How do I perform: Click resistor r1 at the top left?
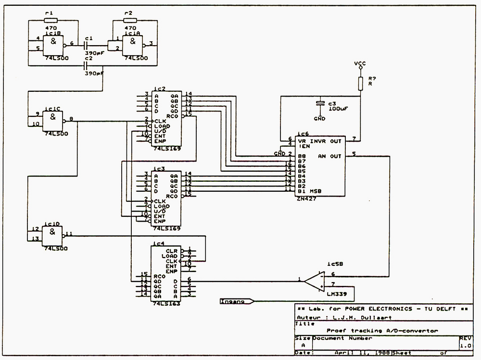(50, 20)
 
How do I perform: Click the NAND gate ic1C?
(53, 120)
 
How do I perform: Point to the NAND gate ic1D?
(53, 235)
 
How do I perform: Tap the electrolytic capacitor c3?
(319, 103)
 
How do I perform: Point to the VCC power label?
(360, 63)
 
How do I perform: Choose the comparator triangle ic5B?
(315, 281)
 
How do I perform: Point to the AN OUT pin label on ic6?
(329, 156)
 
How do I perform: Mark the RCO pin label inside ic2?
(172, 115)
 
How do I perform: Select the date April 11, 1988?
(362, 352)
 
